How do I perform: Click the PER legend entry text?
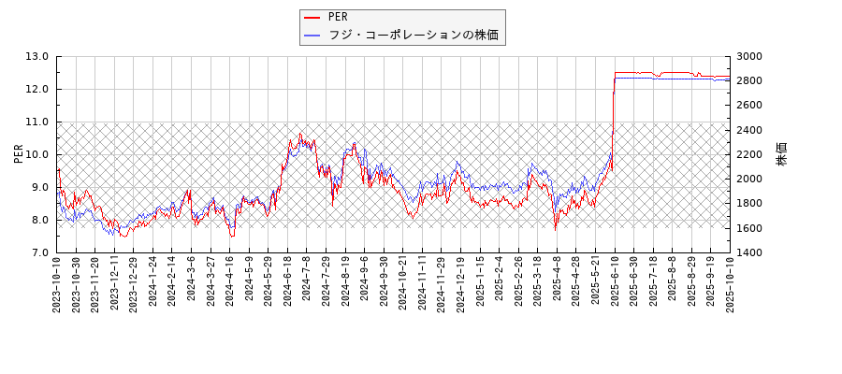[x=337, y=18]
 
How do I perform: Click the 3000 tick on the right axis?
[x=749, y=56]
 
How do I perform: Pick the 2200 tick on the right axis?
[x=749, y=154]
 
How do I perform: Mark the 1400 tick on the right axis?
[x=749, y=252]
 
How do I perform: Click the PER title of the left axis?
[x=18, y=154]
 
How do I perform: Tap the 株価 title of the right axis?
[x=782, y=154]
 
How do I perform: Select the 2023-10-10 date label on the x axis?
[x=57, y=284]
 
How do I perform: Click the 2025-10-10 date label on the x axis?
[x=729, y=284]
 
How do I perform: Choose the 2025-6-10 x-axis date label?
[x=614, y=282]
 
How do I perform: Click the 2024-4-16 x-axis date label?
[x=229, y=282]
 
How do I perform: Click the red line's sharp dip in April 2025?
[x=556, y=227]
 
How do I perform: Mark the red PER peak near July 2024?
[x=300, y=134]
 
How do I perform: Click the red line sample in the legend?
[x=312, y=18]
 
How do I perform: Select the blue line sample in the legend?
[x=312, y=36]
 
